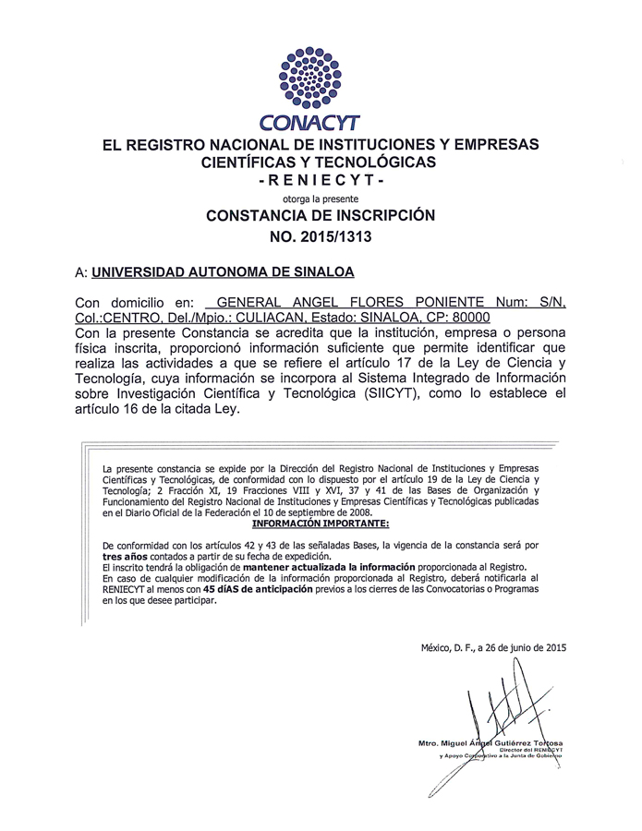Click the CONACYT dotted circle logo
320,77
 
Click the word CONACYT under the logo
321,122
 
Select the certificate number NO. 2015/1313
320,236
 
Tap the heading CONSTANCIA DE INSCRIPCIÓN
320,216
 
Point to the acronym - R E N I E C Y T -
320,180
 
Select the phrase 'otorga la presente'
320,198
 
